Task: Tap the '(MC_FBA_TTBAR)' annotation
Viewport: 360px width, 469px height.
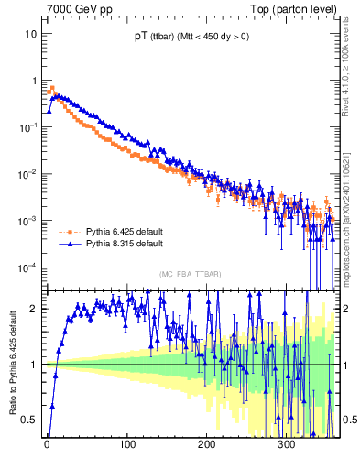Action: pyautogui.click(x=190, y=275)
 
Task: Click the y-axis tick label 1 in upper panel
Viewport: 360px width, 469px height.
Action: pyautogui.click(x=34, y=81)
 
